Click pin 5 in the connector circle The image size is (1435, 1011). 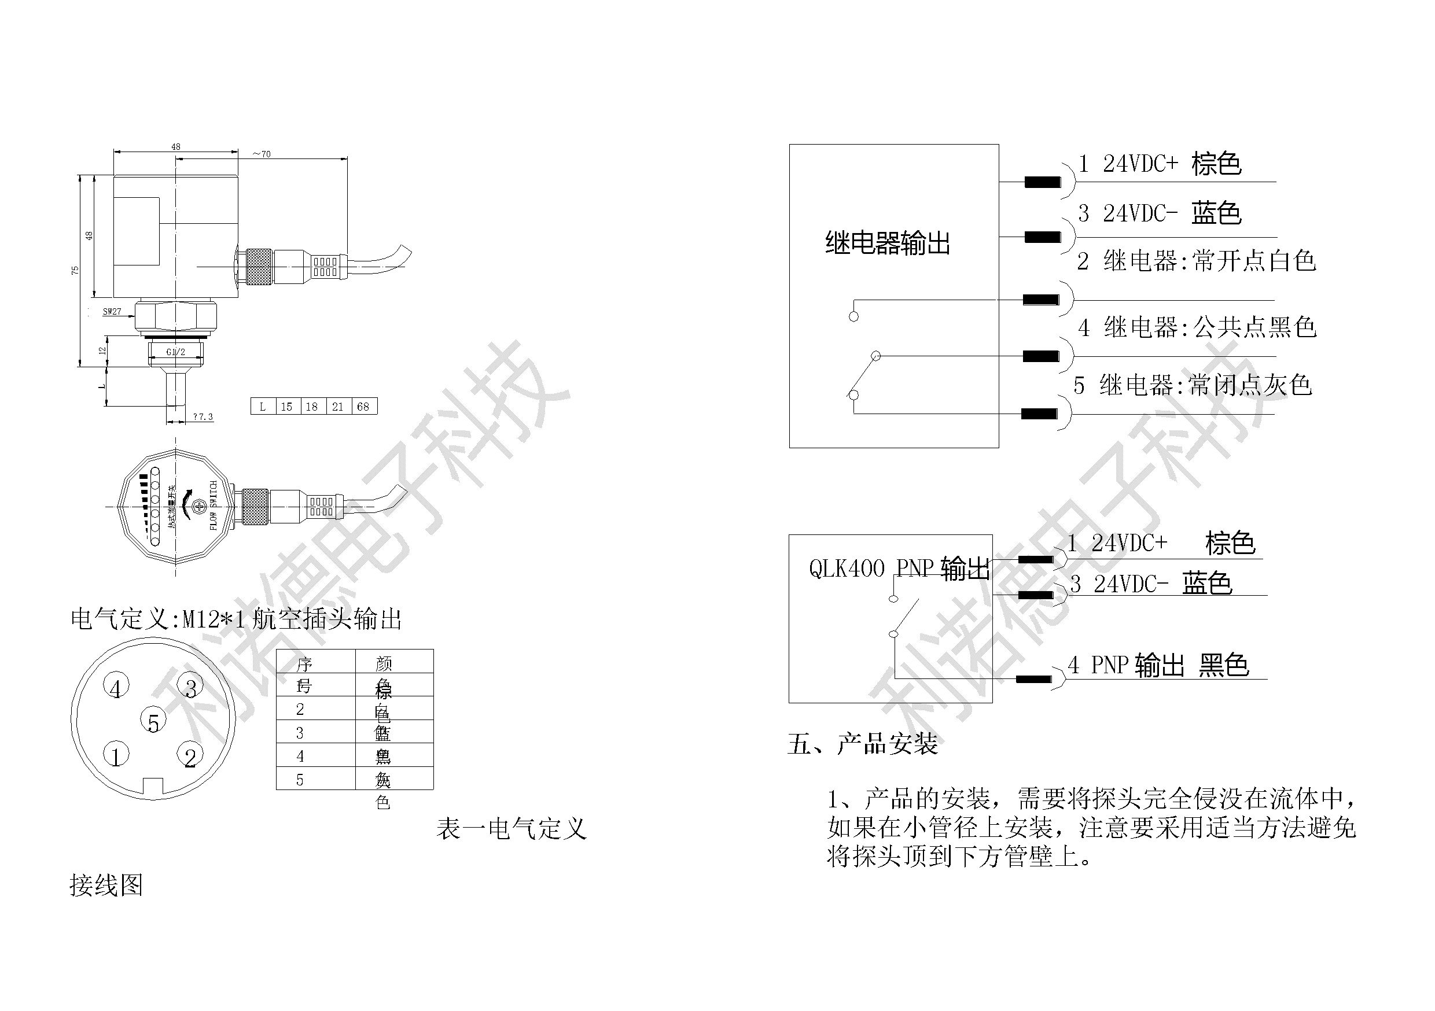(153, 721)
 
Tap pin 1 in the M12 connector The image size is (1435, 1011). (116, 755)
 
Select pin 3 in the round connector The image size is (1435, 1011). (190, 687)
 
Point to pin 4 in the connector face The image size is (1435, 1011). (116, 687)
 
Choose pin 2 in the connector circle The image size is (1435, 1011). (190, 756)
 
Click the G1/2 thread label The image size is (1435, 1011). (176, 352)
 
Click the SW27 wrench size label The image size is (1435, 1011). (112, 311)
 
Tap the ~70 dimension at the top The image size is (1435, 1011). (262, 154)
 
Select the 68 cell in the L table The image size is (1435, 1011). (363, 407)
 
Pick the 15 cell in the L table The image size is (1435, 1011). (286, 407)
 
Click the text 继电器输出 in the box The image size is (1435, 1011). (888, 243)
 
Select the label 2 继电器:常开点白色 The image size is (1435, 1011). (1196, 261)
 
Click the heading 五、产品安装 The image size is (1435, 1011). (863, 744)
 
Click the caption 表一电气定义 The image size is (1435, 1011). (512, 829)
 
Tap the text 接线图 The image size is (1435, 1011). (106, 885)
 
